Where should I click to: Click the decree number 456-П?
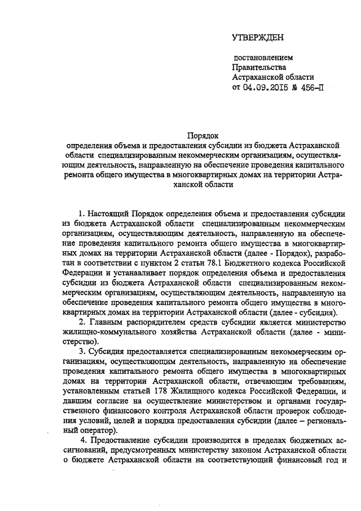(311, 88)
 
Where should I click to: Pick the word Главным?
(105, 322)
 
